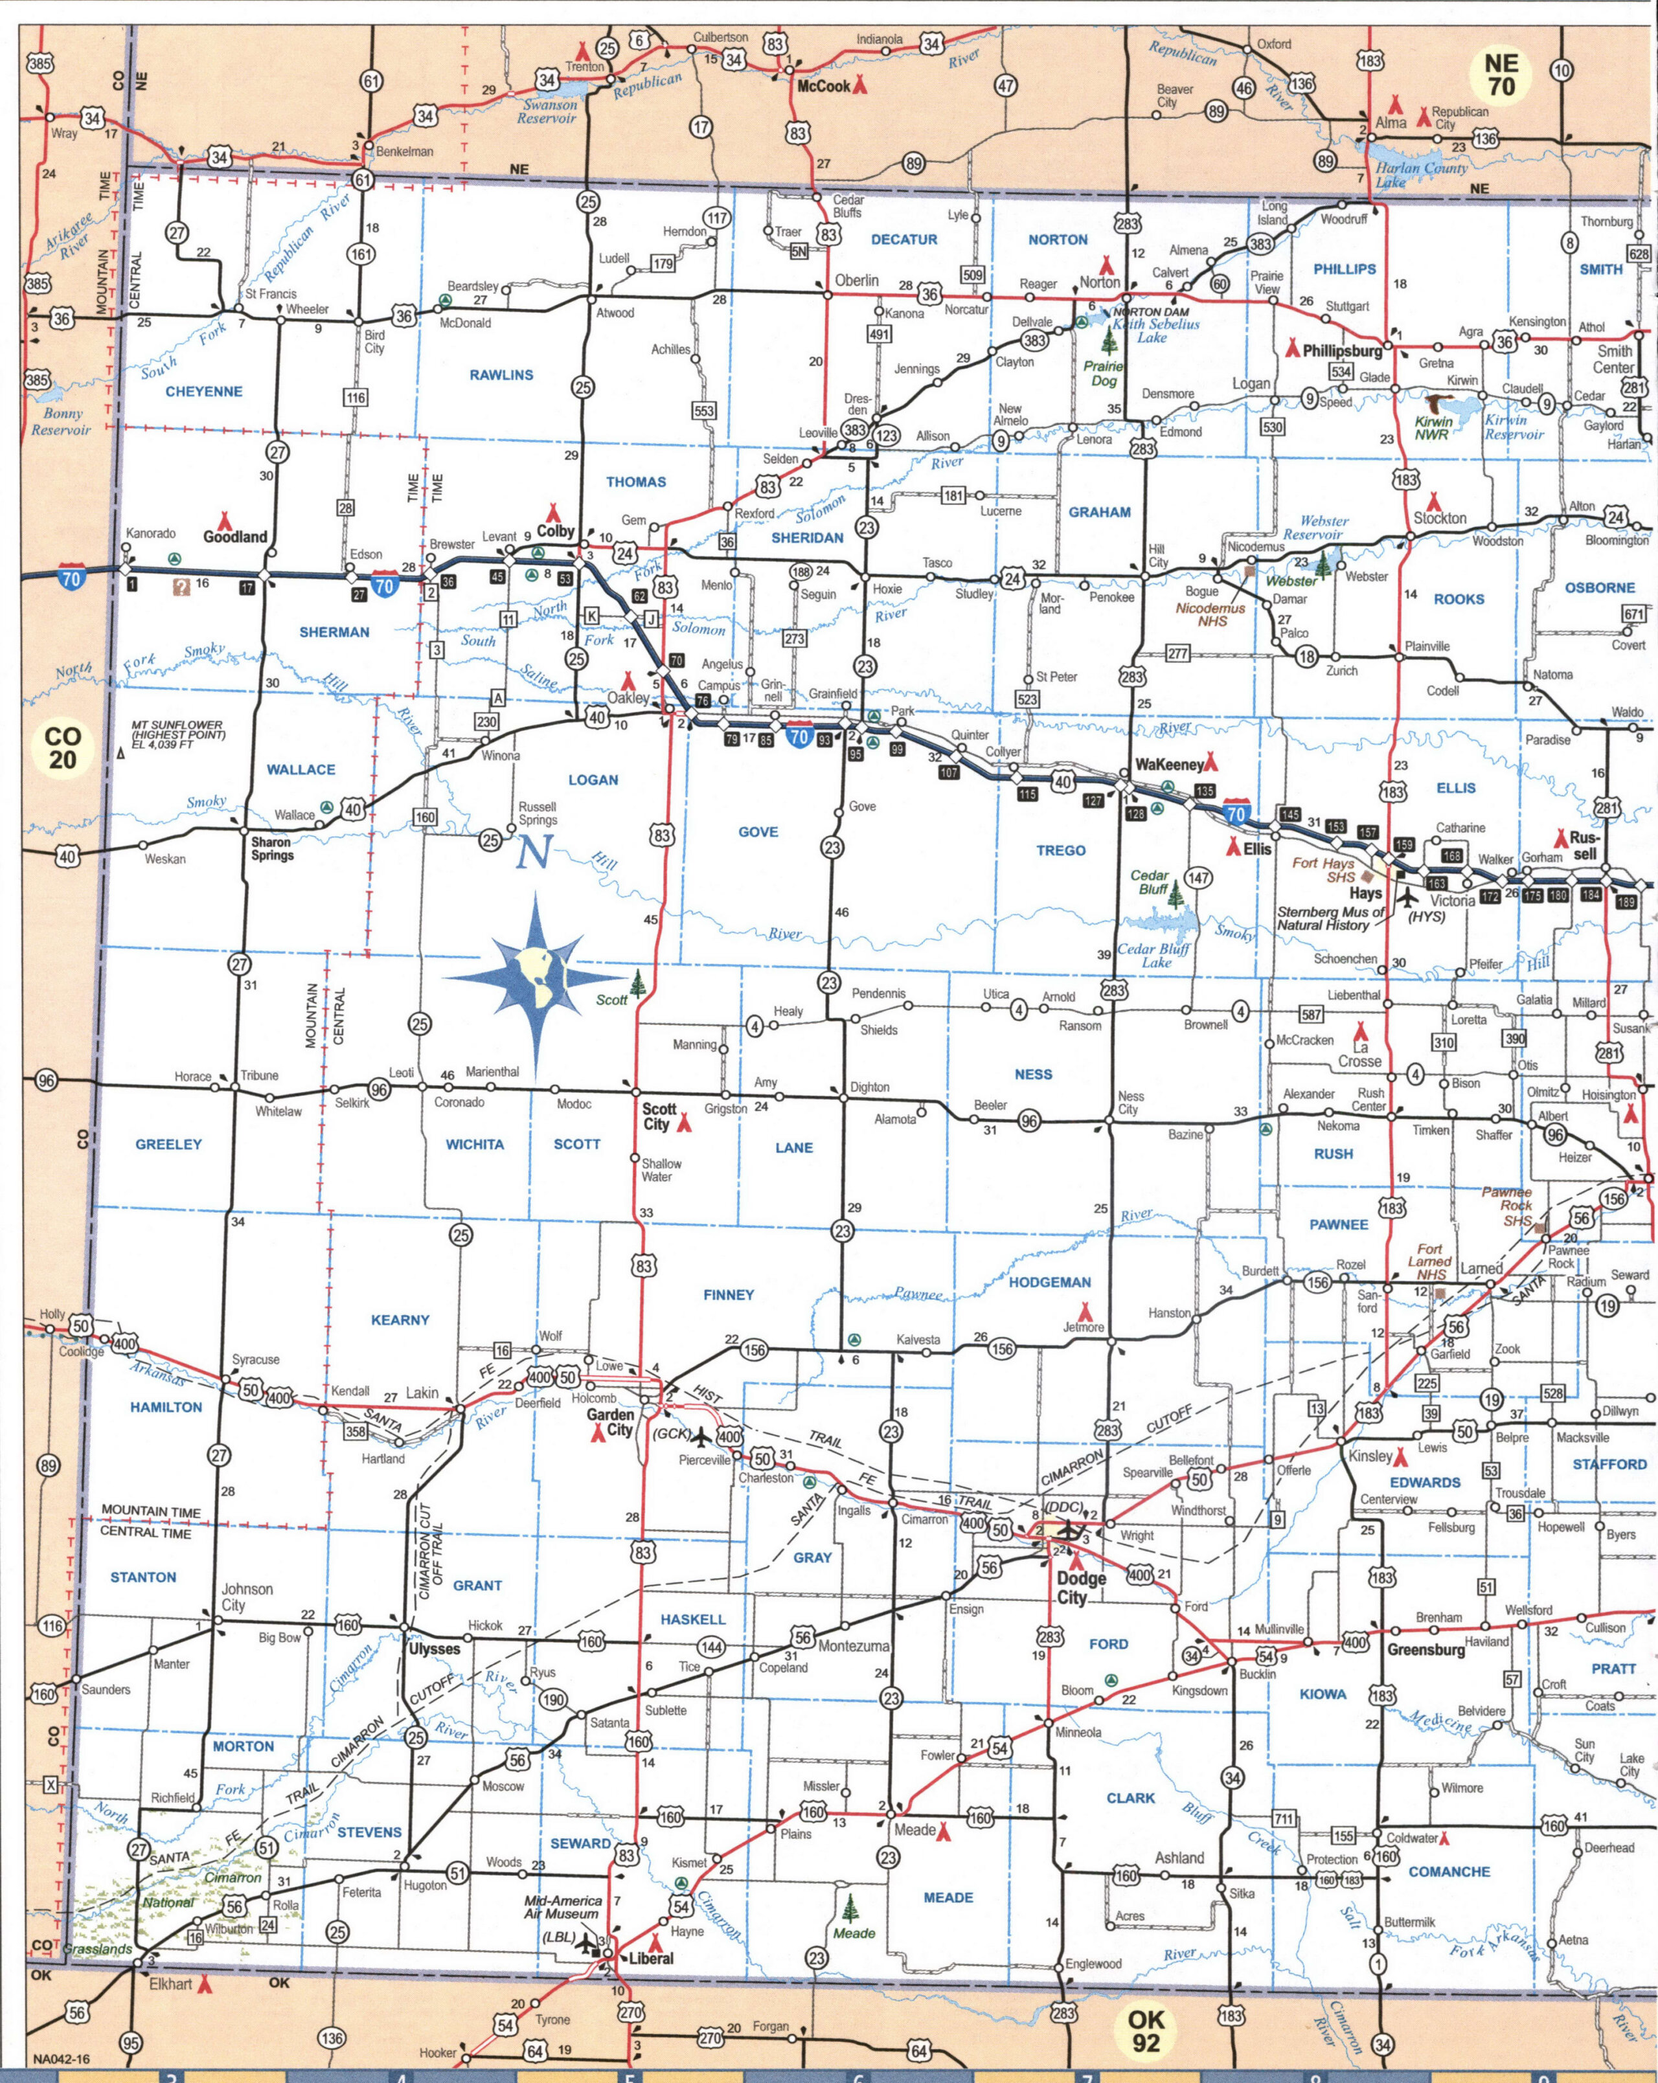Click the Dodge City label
pyautogui.click(x=1080, y=1588)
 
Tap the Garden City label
pyautogui.click(x=611, y=1422)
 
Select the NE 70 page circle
pyautogui.click(x=1501, y=75)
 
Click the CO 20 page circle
pyautogui.click(x=63, y=748)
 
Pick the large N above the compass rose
pyautogui.click(x=533, y=851)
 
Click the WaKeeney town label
pyautogui.click(x=1169, y=764)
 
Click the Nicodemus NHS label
pyautogui.click(x=1212, y=614)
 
